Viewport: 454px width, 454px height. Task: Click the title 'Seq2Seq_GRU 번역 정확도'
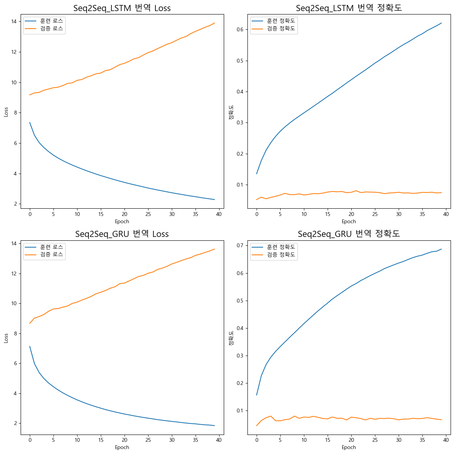pyautogui.click(x=349, y=234)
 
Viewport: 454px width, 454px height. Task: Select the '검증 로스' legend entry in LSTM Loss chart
pyautogui.click(x=52, y=28)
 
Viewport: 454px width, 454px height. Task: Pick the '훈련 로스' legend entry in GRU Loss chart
pyautogui.click(x=52, y=247)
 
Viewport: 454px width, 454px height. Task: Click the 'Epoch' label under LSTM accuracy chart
pyautogui.click(x=349, y=221)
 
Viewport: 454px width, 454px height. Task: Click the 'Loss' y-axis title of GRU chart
pyautogui.click(x=6, y=338)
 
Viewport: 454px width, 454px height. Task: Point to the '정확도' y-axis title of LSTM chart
pyautogui.click(x=231, y=113)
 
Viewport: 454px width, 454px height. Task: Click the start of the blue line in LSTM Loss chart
pyautogui.click(x=30, y=122)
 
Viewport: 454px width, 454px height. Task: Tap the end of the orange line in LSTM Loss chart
pyautogui.click(x=215, y=23)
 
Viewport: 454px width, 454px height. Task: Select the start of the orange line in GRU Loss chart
pyautogui.click(x=30, y=323)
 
